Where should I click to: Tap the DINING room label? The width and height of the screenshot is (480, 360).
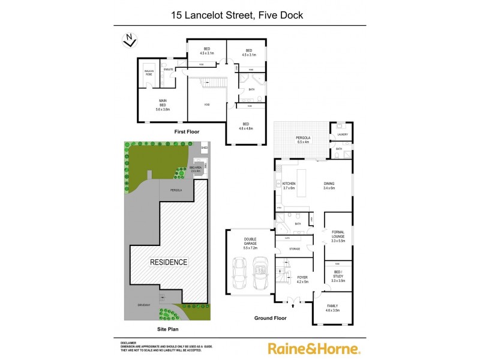pos(329,186)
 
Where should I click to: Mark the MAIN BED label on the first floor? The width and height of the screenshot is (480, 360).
pos(163,104)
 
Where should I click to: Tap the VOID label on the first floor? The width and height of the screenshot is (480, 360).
pos(206,104)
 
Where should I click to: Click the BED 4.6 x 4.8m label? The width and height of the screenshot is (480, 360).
pos(246,126)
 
